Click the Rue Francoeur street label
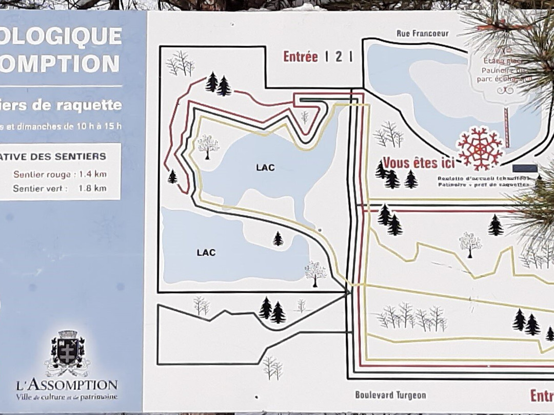tap(422, 34)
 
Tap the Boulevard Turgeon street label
tap(390, 395)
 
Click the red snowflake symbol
tap(480, 148)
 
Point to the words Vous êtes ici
tap(419, 163)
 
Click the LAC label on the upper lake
tap(265, 167)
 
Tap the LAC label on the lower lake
tap(206, 253)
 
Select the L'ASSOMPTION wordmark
tap(67, 385)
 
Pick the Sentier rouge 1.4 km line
tap(60, 174)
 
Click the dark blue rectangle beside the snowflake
tap(524, 168)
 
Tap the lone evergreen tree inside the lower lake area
tap(278, 239)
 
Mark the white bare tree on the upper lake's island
tap(208, 146)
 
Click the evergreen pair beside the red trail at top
tap(217, 84)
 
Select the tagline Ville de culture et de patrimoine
tap(67, 397)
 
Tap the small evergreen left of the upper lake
tap(172, 177)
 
